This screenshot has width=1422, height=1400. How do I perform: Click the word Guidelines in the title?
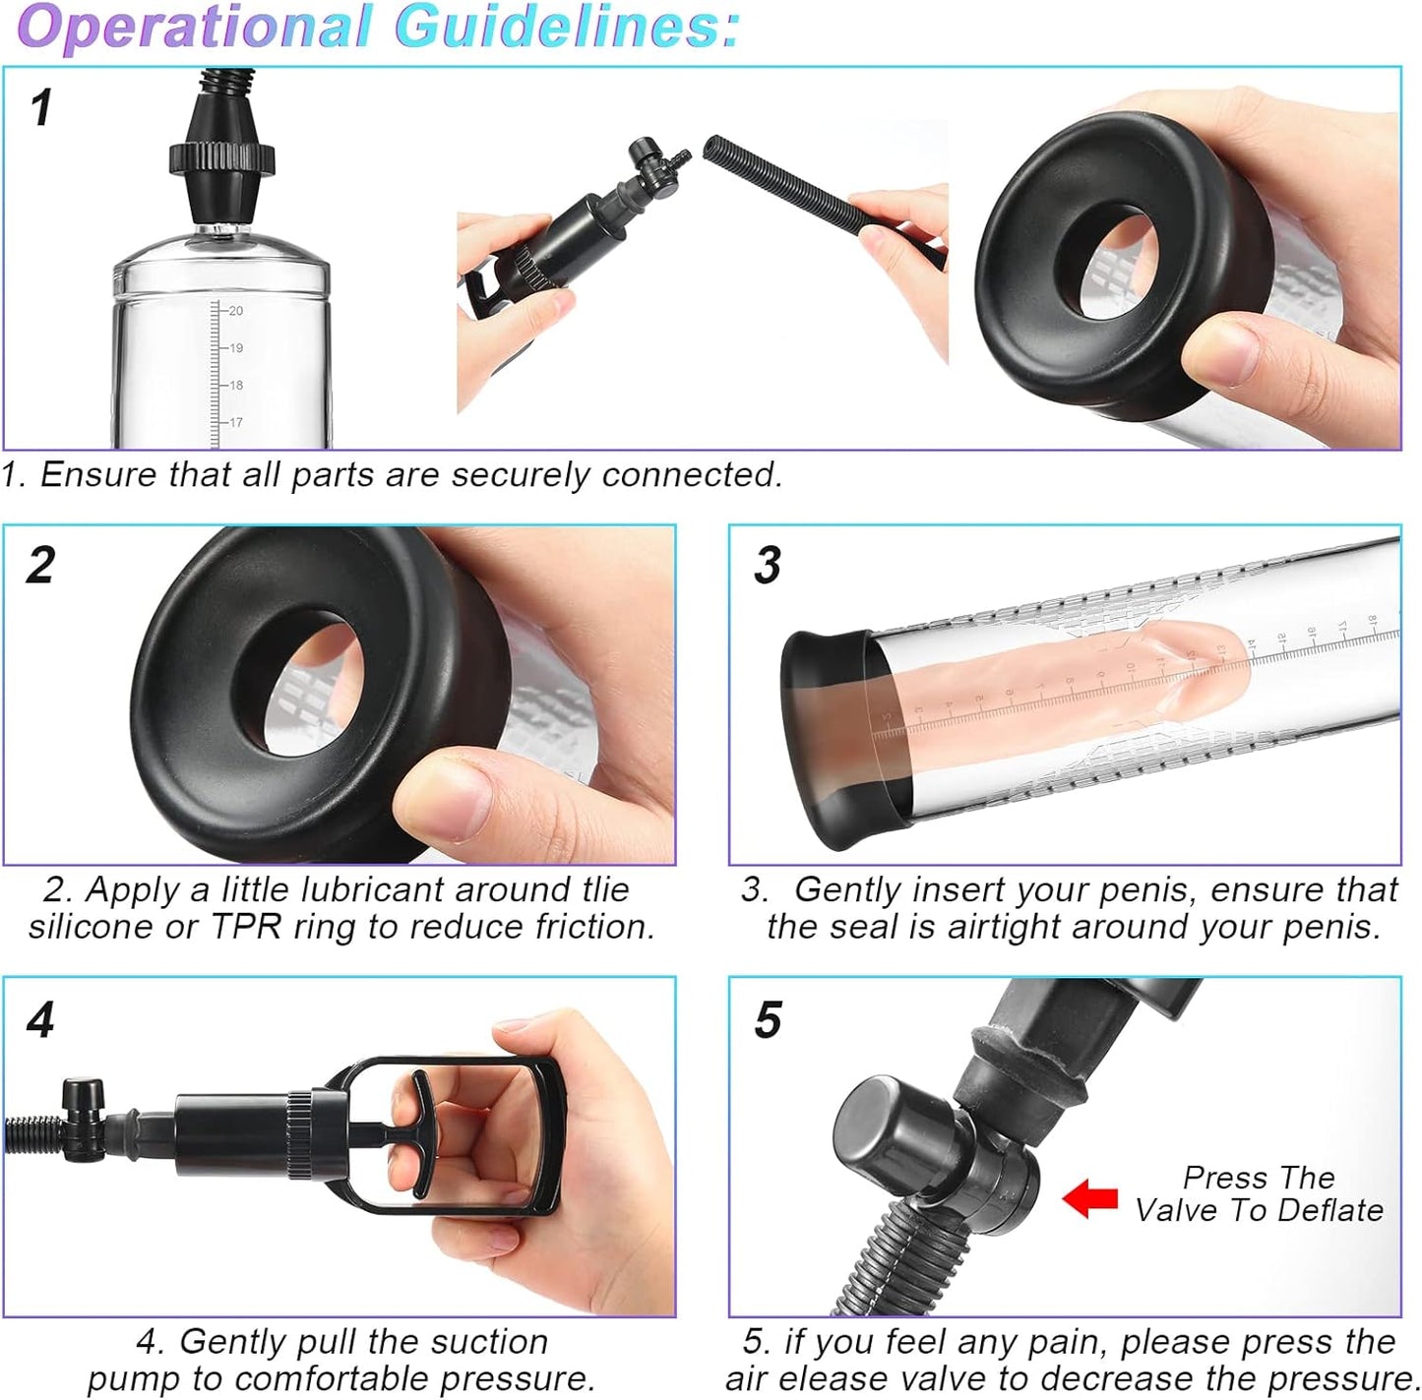click(x=567, y=26)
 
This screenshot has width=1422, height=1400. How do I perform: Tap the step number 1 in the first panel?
click(x=41, y=107)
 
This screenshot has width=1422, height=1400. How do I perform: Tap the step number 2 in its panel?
click(x=41, y=566)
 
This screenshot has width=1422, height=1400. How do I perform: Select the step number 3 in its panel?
click(x=768, y=566)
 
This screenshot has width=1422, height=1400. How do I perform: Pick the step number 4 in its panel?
click(x=40, y=1020)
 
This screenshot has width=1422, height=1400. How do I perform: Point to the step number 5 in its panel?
click(x=768, y=1020)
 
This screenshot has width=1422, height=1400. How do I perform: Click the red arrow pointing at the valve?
click(x=1089, y=1198)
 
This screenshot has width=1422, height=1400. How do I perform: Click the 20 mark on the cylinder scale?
click(x=235, y=311)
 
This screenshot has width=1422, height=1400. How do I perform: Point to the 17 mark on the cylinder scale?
click(x=235, y=423)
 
